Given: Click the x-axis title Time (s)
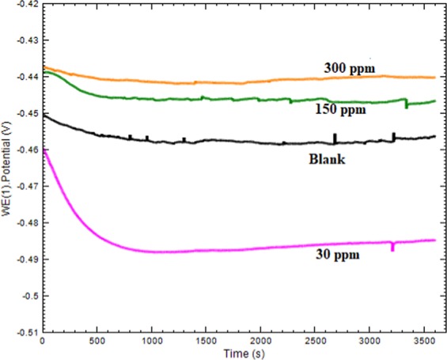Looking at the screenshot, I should point(238,351).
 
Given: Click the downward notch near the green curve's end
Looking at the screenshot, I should point(406,106).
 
